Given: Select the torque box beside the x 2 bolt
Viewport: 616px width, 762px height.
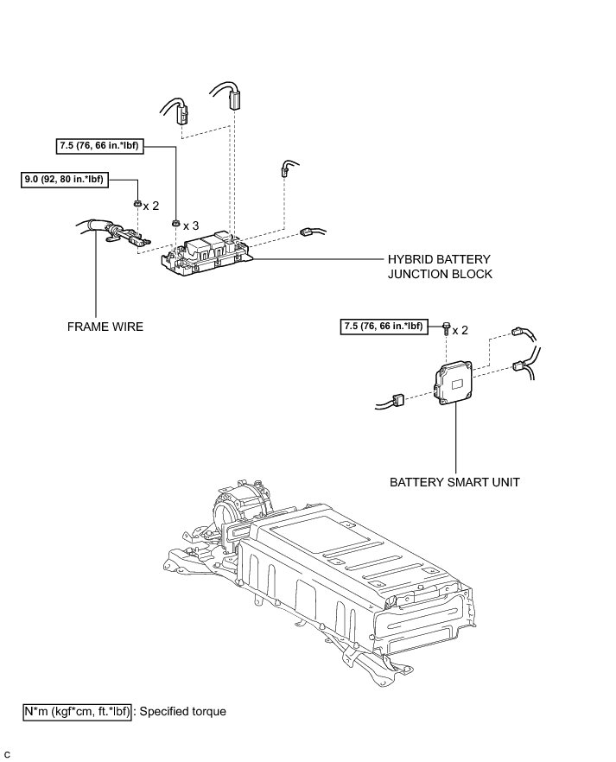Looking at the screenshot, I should pyautogui.click(x=383, y=326).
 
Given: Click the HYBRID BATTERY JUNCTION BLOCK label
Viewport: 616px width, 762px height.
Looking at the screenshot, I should pyautogui.click(x=440, y=267).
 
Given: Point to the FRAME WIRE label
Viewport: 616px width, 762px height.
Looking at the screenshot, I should pyautogui.click(x=105, y=327).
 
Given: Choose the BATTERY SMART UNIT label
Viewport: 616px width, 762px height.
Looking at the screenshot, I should pyautogui.click(x=454, y=482).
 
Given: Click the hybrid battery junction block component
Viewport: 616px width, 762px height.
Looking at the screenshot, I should pyautogui.click(x=207, y=251).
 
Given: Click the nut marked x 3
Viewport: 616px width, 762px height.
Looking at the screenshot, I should pyautogui.click(x=175, y=223).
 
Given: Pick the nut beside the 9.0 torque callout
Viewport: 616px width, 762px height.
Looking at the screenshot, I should pyautogui.click(x=137, y=204).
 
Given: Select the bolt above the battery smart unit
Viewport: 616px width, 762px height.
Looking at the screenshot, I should pyautogui.click(x=446, y=327).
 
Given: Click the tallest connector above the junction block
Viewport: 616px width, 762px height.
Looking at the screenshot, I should pyautogui.click(x=233, y=99).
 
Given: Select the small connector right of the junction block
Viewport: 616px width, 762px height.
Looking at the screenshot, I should pyautogui.click(x=307, y=232).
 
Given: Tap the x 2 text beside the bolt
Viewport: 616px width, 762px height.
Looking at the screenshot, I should pyautogui.click(x=460, y=330).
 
